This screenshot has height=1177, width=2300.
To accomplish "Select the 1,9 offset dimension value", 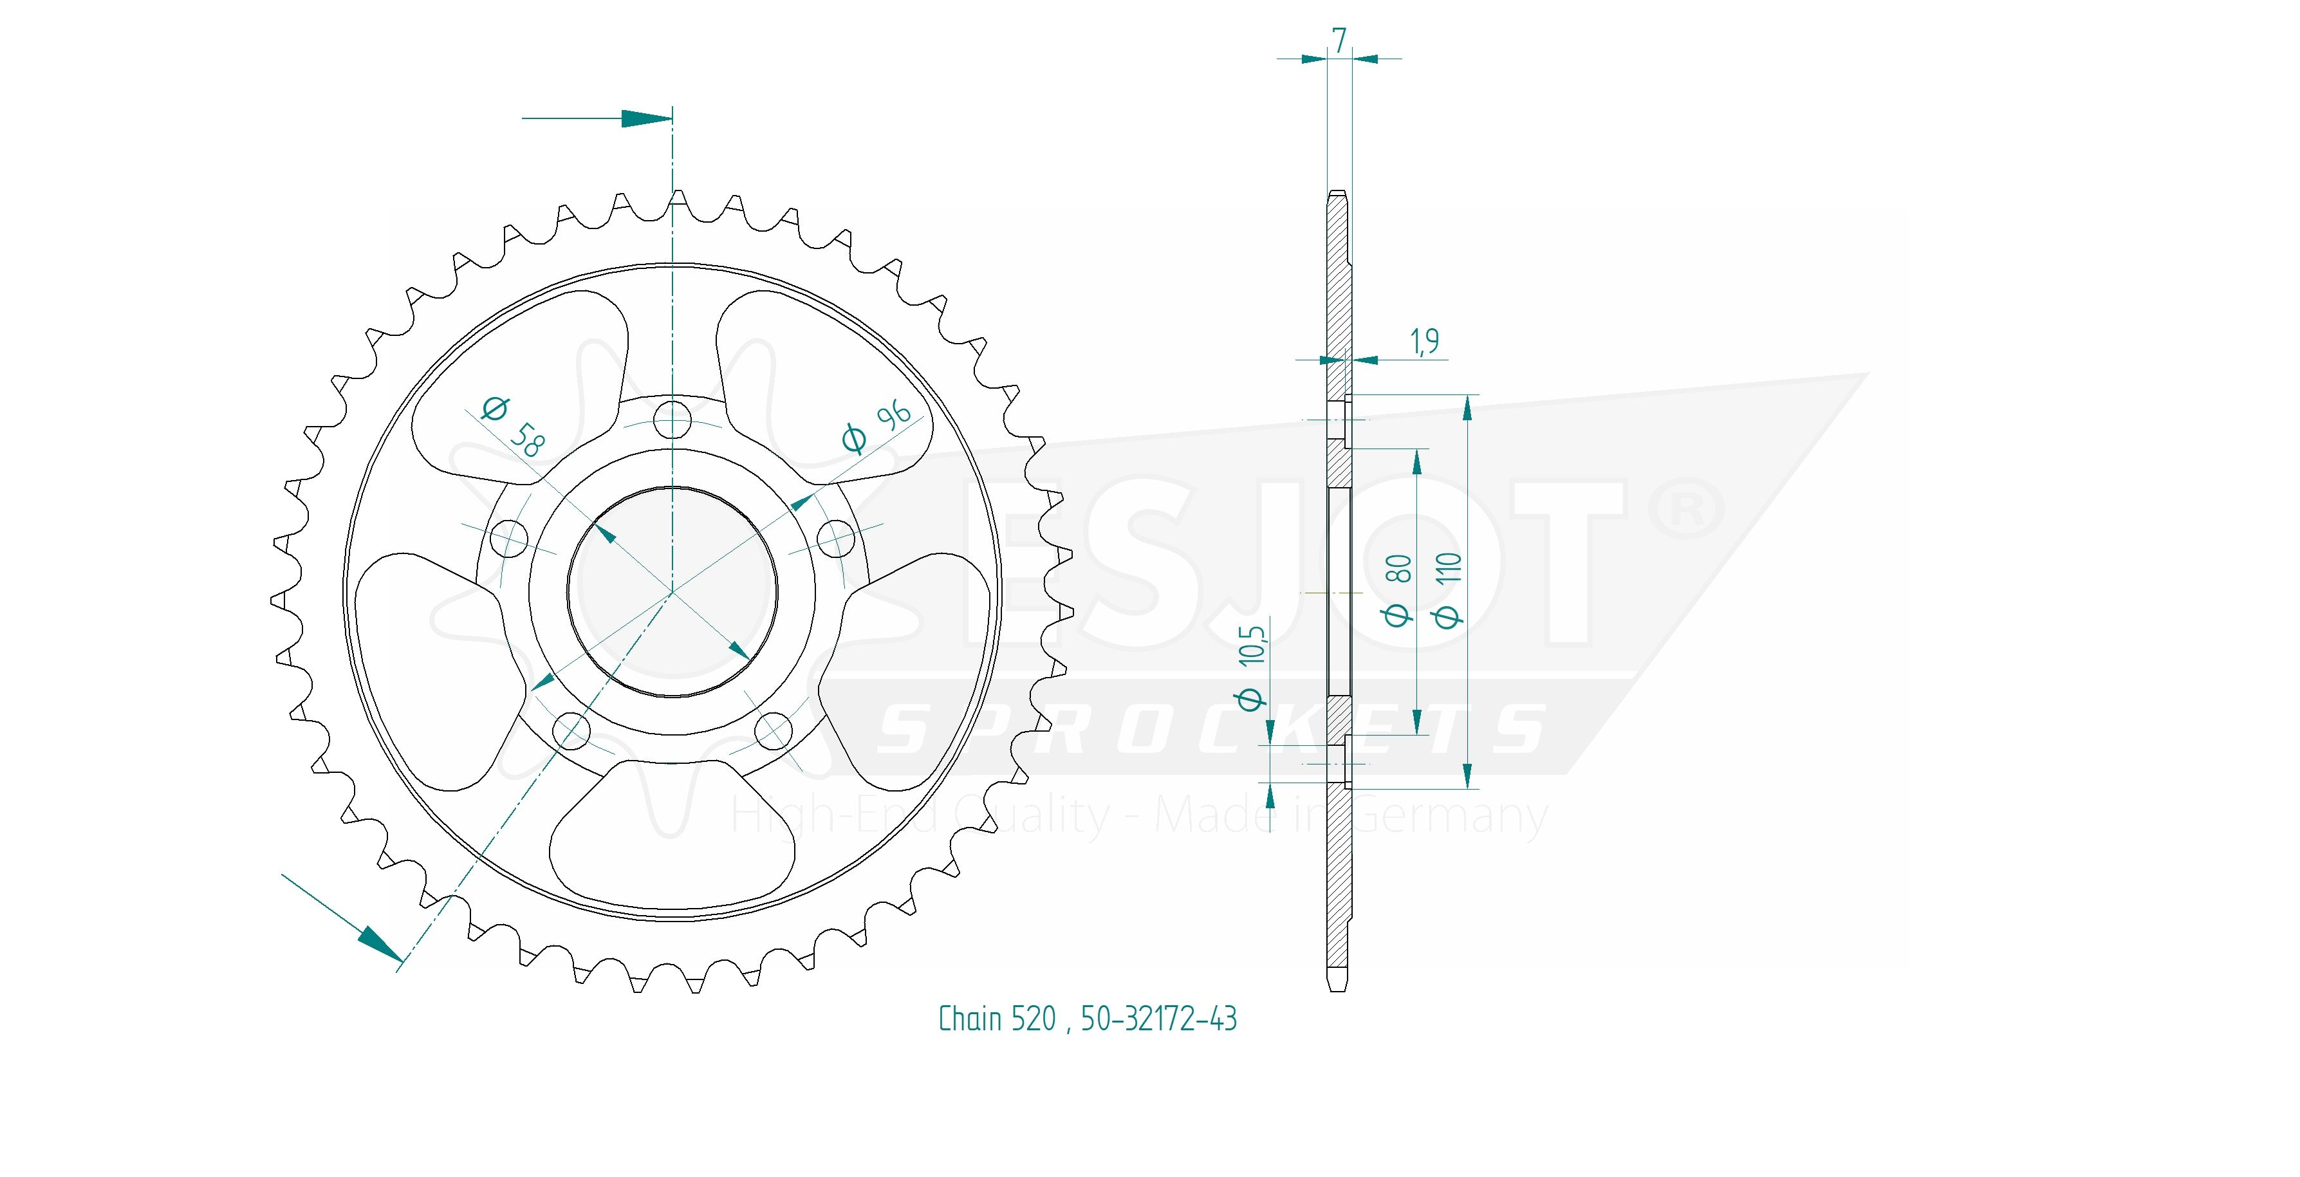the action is (x=1424, y=341).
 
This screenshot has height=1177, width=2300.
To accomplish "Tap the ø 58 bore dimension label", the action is (x=511, y=426).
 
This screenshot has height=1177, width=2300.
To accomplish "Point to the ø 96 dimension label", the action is (x=876, y=426).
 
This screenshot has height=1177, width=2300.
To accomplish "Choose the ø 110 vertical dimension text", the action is (x=1449, y=589).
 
